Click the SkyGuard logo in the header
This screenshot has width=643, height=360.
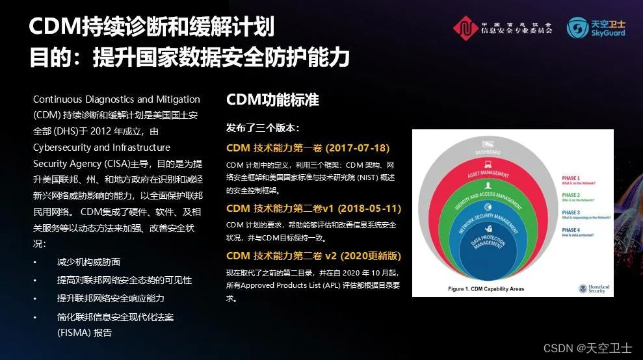[596, 27]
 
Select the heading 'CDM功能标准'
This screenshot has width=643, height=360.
[272, 101]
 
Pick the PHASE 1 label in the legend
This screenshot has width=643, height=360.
[571, 177]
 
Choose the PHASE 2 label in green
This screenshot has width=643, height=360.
[571, 195]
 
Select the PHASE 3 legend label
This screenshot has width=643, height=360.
[571, 212]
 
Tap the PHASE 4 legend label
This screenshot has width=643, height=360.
[571, 230]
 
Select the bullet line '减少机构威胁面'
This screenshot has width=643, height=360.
[88, 262]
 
